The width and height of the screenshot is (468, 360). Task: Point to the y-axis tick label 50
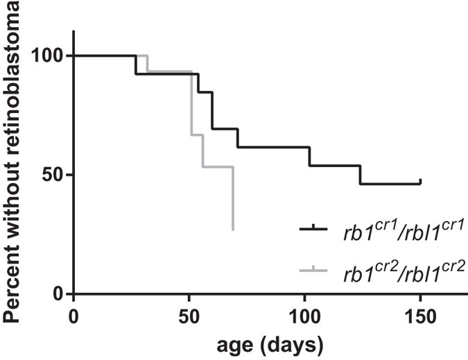[53, 175]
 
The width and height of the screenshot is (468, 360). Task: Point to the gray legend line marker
[315, 269]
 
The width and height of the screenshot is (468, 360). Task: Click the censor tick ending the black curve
[420, 181]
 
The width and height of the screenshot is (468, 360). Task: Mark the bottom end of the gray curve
[234, 230]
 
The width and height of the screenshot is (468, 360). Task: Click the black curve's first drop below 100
[135, 65]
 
